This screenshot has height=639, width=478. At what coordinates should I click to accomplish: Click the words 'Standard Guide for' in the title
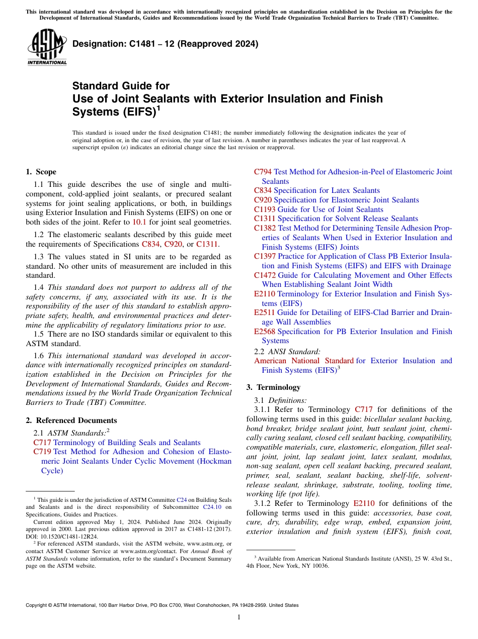121,86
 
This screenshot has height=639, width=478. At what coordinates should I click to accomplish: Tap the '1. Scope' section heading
41,172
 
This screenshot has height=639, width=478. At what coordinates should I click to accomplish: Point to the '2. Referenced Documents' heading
71,420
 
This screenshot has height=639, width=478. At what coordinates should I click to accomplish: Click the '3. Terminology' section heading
273,387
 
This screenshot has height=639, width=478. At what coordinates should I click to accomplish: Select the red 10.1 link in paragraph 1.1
139,222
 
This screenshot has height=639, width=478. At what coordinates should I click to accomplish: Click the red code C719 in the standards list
42,452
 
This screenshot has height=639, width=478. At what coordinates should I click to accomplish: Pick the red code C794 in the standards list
263,172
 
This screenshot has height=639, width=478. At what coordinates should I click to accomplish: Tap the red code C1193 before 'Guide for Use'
265,209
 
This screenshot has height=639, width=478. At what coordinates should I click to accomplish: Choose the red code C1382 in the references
265,228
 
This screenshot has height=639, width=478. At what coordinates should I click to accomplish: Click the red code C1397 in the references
265,256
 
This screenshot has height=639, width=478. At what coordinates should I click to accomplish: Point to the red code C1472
265,275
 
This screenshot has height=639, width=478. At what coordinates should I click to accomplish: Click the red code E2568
265,331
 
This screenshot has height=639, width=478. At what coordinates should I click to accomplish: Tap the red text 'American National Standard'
304,361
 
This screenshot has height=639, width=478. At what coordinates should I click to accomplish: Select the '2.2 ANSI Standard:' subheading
287,351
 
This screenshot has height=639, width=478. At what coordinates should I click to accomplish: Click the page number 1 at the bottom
239,617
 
